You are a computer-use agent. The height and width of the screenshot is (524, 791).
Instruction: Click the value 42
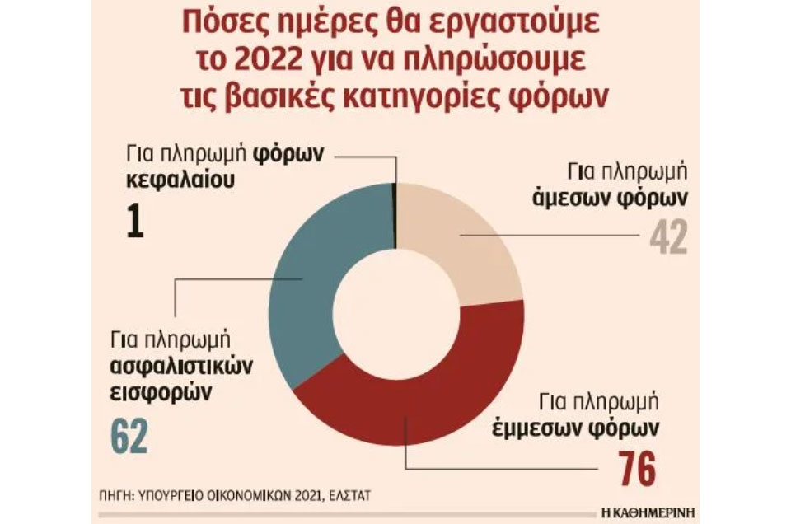point(667,238)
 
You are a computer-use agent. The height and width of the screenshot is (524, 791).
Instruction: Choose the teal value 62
point(128,437)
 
